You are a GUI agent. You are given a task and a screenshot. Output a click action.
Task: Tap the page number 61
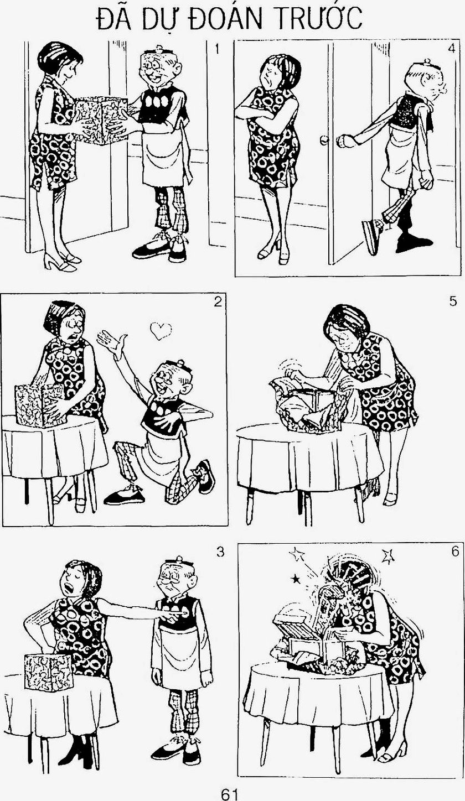click(x=230, y=792)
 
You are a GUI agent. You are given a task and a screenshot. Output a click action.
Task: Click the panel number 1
click(x=215, y=49)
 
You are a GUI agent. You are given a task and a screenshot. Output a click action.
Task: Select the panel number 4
click(x=451, y=49)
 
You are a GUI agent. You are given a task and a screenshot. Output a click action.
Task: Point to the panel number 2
click(x=218, y=303)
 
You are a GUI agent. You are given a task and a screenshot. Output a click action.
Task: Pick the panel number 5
click(x=453, y=301)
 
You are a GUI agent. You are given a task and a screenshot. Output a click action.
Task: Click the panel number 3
click(x=220, y=552)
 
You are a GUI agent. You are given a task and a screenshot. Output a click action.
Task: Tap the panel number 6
click(x=454, y=552)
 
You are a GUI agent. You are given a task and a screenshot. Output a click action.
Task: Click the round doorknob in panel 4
click(x=324, y=140)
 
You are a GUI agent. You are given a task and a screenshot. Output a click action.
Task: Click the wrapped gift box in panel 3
click(x=49, y=672)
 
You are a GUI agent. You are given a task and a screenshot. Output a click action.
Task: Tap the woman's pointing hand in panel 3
click(x=175, y=612)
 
